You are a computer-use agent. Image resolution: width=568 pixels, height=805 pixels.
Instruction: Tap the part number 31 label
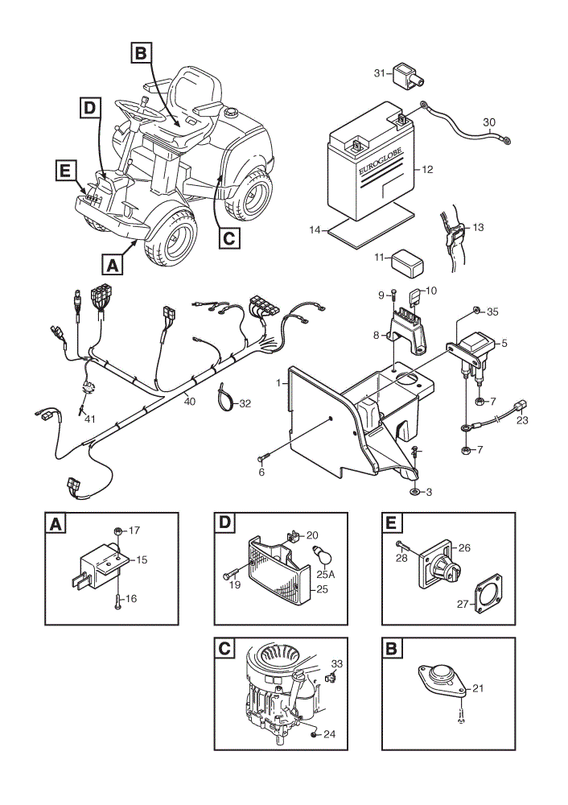coord(379,73)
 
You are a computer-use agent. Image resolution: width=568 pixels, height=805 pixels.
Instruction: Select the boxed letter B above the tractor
coord(141,53)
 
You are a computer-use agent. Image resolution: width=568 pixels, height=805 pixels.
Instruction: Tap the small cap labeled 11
coord(407,263)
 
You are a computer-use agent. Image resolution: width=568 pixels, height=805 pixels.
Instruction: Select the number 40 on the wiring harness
coord(189,402)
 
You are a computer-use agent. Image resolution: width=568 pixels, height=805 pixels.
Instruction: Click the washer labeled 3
coord(414,492)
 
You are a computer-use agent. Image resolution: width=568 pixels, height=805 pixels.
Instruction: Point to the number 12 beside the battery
coord(427,169)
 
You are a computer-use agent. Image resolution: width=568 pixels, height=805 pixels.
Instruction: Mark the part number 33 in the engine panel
coord(336,664)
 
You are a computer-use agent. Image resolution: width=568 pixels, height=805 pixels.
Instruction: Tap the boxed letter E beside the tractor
coord(64,170)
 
